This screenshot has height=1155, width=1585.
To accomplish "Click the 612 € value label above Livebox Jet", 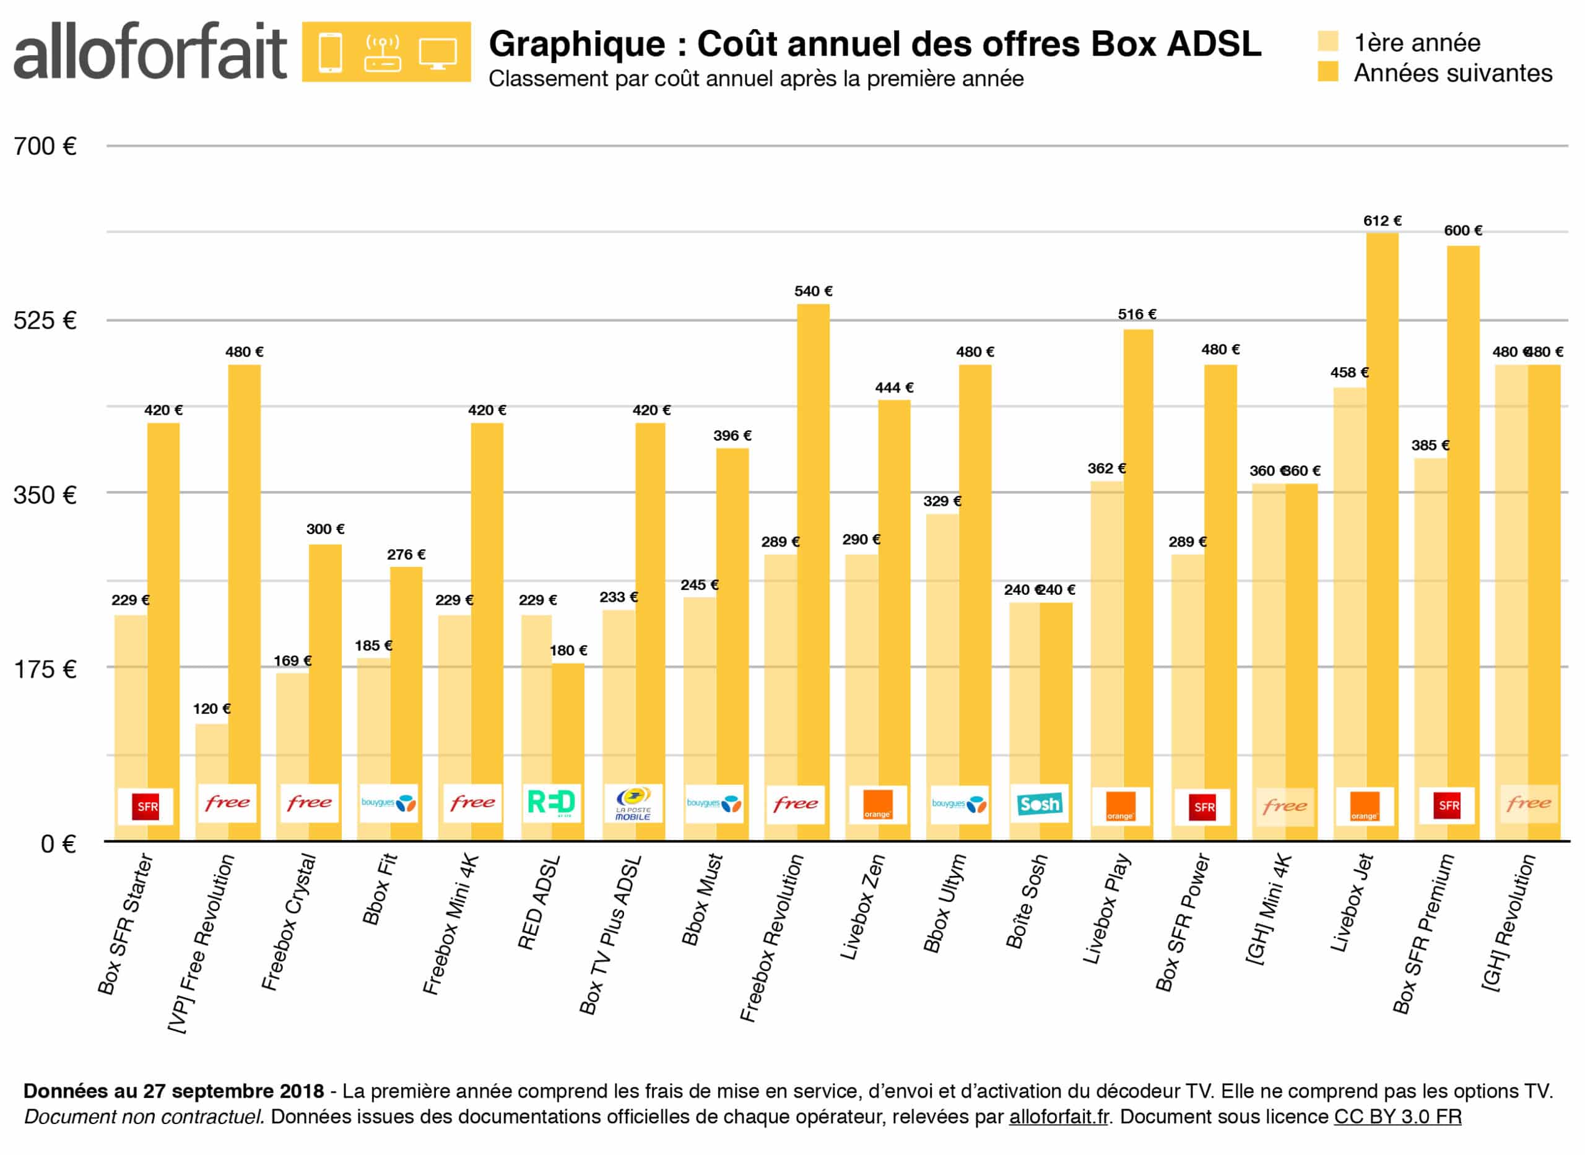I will click(x=1381, y=221).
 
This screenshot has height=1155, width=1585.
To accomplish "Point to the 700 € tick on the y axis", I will click(x=45, y=146).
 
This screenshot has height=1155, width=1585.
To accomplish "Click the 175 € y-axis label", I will click(x=45, y=669).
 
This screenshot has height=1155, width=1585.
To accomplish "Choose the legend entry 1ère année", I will click(x=1417, y=43).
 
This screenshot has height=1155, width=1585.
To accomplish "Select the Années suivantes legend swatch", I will click(x=1327, y=71).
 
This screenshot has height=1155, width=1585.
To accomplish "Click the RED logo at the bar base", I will click(x=551, y=803).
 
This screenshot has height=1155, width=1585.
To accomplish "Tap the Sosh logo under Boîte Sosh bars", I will click(x=1040, y=804).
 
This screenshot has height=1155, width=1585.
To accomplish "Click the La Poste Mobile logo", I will click(x=633, y=804).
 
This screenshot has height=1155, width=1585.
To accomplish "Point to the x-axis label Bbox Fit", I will click(x=380, y=889).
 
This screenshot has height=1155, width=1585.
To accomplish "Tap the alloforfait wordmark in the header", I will click(x=150, y=52).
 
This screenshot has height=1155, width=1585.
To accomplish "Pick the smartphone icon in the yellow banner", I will click(x=330, y=53).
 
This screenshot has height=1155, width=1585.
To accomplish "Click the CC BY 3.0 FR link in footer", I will click(x=1397, y=1117).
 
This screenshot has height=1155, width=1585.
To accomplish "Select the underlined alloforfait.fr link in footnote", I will click(x=1059, y=1117).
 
